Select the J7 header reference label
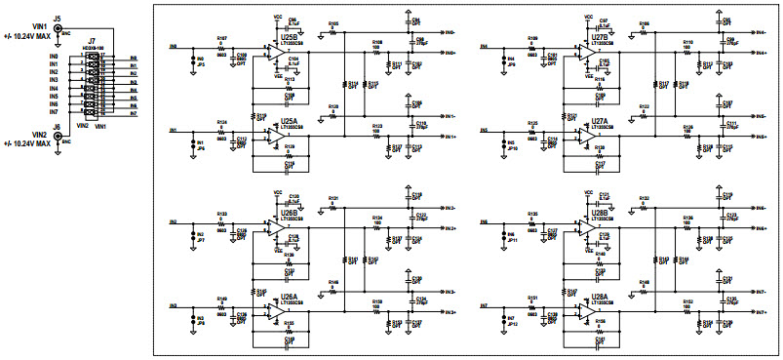point(92,43)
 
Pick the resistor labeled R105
point(333,30)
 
